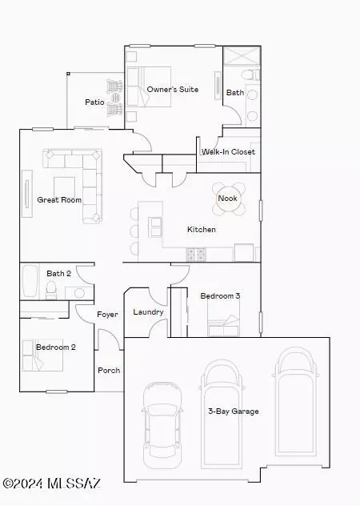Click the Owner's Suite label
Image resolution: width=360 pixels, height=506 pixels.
point(173,89)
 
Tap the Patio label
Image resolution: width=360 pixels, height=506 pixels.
point(94,102)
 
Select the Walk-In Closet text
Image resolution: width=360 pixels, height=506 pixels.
point(228,151)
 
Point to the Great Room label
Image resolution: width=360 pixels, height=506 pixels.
point(59,199)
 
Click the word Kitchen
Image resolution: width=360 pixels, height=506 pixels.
point(202,230)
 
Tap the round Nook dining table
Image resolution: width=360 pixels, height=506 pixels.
point(229,199)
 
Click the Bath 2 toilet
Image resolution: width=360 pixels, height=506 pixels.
point(51,290)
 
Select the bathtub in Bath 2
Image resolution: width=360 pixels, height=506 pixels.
point(30,281)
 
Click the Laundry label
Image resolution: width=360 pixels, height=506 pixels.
point(148,312)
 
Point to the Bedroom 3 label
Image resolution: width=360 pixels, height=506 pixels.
point(220,295)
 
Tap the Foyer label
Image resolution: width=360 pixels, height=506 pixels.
point(107,315)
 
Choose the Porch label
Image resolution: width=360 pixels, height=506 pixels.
point(109,370)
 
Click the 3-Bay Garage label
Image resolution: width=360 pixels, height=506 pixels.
point(234,412)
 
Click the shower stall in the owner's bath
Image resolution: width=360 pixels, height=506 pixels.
point(242,56)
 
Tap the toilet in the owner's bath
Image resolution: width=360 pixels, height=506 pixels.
point(250,75)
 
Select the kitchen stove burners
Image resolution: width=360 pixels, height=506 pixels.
point(196,255)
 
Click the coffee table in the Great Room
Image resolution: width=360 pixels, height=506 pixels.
point(65,187)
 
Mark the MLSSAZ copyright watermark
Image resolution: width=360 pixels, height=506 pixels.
point(52,483)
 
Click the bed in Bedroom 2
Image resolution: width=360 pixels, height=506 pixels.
point(42,355)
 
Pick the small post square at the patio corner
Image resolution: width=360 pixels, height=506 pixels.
point(68,74)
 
